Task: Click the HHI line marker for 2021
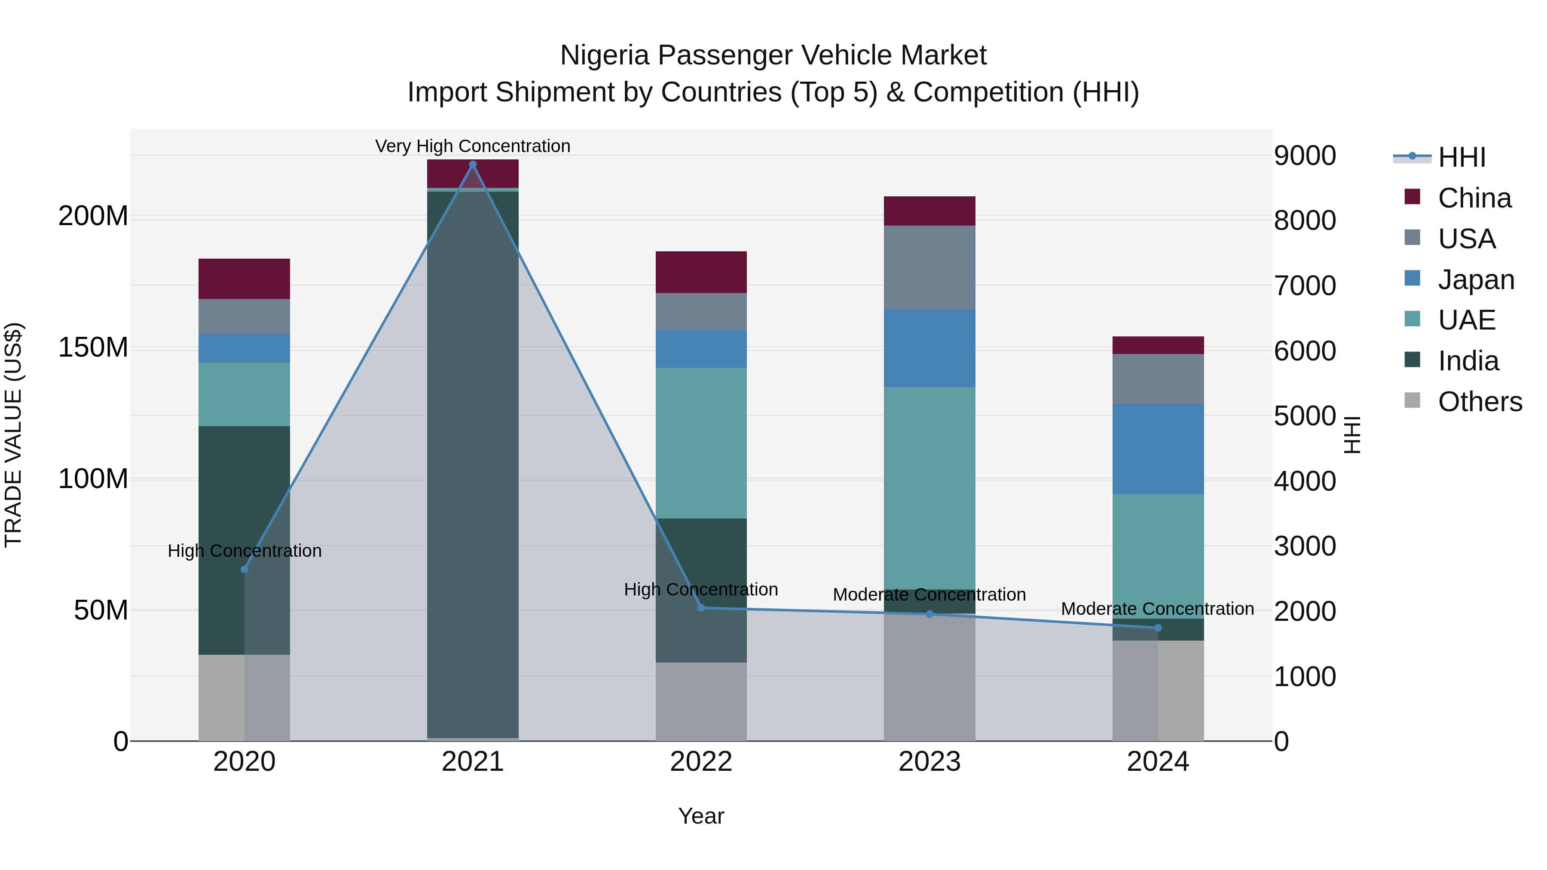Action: [x=473, y=165]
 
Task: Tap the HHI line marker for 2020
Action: [x=245, y=569]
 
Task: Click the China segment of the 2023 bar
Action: [x=929, y=211]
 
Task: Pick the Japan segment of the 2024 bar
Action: [x=1158, y=449]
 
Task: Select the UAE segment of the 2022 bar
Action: [x=701, y=443]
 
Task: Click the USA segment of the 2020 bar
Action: [x=245, y=316]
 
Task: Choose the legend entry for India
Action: [x=1468, y=361]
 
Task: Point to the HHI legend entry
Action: [x=1461, y=157]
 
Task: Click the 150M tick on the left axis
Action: [x=93, y=348]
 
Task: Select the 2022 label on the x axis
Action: [x=701, y=762]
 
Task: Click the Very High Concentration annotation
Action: [x=473, y=146]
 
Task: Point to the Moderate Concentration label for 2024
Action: [x=1157, y=609]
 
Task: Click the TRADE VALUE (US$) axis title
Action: [x=13, y=435]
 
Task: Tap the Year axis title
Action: [x=701, y=816]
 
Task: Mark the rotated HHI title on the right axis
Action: [x=1352, y=435]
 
